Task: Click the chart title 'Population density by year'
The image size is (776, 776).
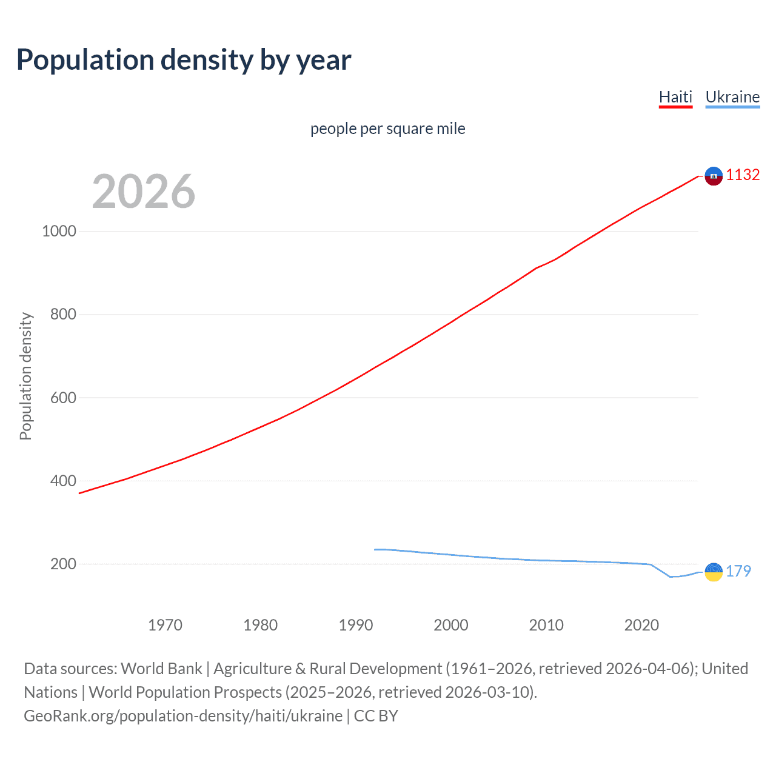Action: click(x=184, y=60)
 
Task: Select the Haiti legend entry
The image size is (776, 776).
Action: click(x=675, y=97)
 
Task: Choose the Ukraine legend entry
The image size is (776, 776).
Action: click(x=732, y=97)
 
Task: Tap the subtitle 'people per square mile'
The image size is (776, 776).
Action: click(x=387, y=129)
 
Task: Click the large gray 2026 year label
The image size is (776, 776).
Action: click(x=144, y=192)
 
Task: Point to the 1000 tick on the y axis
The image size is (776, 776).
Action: click(x=59, y=231)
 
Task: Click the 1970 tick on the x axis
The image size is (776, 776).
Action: click(x=165, y=625)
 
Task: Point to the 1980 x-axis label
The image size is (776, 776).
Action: click(x=260, y=625)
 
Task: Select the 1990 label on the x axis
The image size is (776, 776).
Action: click(x=356, y=625)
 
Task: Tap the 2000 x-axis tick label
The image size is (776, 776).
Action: click(x=451, y=625)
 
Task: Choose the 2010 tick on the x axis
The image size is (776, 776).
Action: click(x=546, y=625)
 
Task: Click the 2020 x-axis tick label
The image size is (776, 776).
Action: click(x=641, y=625)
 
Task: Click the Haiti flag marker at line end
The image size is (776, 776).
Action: click(x=714, y=176)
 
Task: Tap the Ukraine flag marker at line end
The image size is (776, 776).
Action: click(x=714, y=572)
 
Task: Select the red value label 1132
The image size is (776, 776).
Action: click(x=743, y=175)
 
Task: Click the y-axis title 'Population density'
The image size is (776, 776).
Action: click(x=25, y=376)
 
